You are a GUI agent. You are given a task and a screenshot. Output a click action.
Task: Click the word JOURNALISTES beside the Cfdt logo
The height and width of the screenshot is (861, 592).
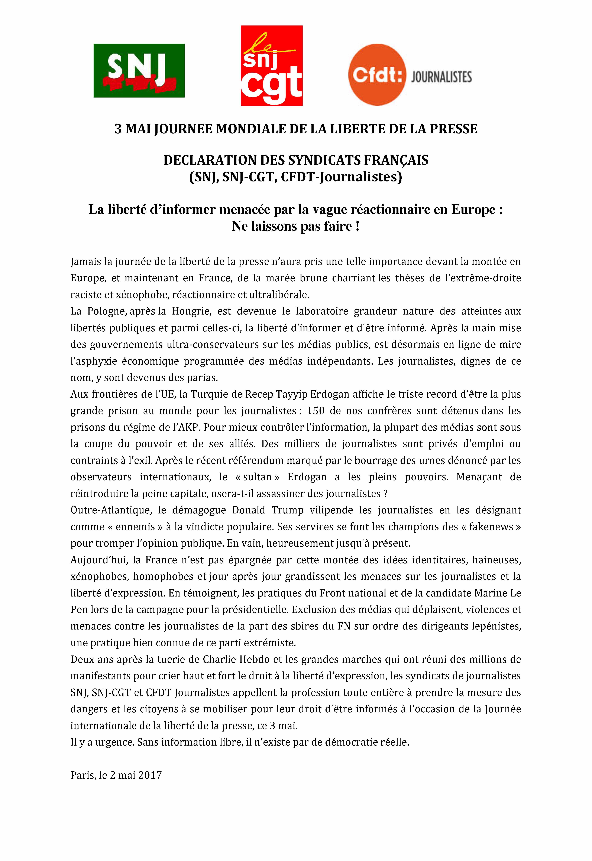(441, 77)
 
